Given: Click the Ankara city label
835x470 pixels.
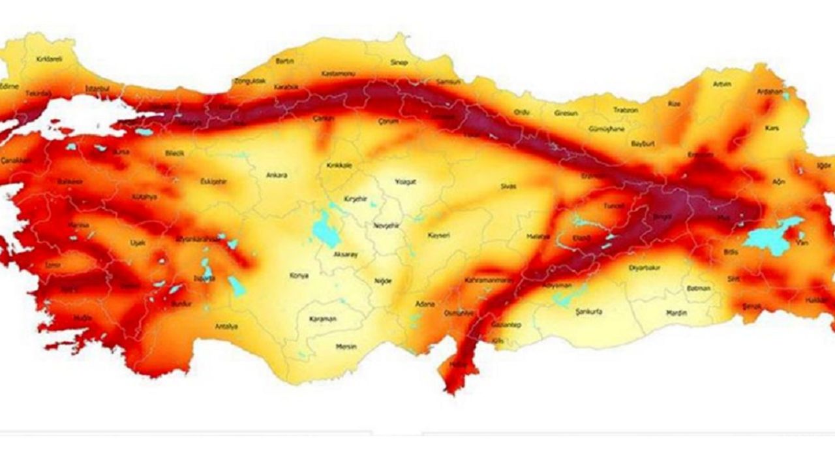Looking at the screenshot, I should (277, 175).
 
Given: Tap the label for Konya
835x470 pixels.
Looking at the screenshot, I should (299, 275).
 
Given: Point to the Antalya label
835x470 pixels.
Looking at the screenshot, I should (227, 326).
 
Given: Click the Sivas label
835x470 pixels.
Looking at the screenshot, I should (508, 186).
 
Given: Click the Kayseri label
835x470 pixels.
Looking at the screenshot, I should (439, 235).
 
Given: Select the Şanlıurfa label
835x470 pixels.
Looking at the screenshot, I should (588, 312).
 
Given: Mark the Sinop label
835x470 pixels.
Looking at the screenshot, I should (399, 63).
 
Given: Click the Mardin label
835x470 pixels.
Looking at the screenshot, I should (676, 313).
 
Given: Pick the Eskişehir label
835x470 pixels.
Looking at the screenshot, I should (213, 181).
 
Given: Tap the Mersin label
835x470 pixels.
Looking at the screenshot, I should (346, 346).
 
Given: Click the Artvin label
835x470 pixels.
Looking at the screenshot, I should (722, 84).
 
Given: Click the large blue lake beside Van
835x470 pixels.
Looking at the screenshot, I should (770, 236).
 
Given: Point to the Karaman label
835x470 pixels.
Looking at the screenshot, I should (323, 319).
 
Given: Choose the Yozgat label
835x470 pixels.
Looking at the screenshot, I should (405, 181).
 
